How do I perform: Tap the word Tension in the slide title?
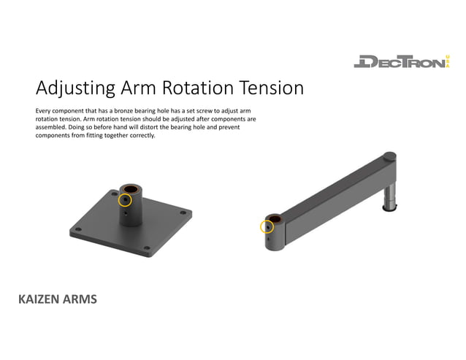coord(267,88)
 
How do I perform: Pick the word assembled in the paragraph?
coord(51,126)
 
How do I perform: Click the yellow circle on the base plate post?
coord(125,199)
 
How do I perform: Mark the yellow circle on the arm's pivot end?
coord(267,226)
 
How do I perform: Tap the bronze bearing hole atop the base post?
coord(131,188)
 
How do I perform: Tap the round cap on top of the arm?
coord(389,156)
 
